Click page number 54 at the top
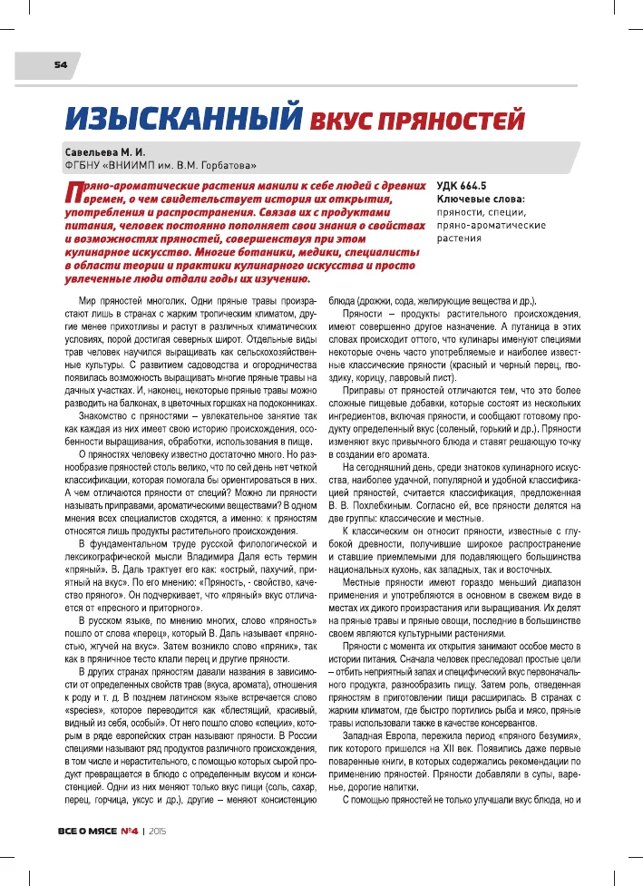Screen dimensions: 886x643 tap(60, 64)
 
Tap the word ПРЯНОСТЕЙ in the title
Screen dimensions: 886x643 tap(442, 120)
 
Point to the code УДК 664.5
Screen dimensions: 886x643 tap(469, 184)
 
